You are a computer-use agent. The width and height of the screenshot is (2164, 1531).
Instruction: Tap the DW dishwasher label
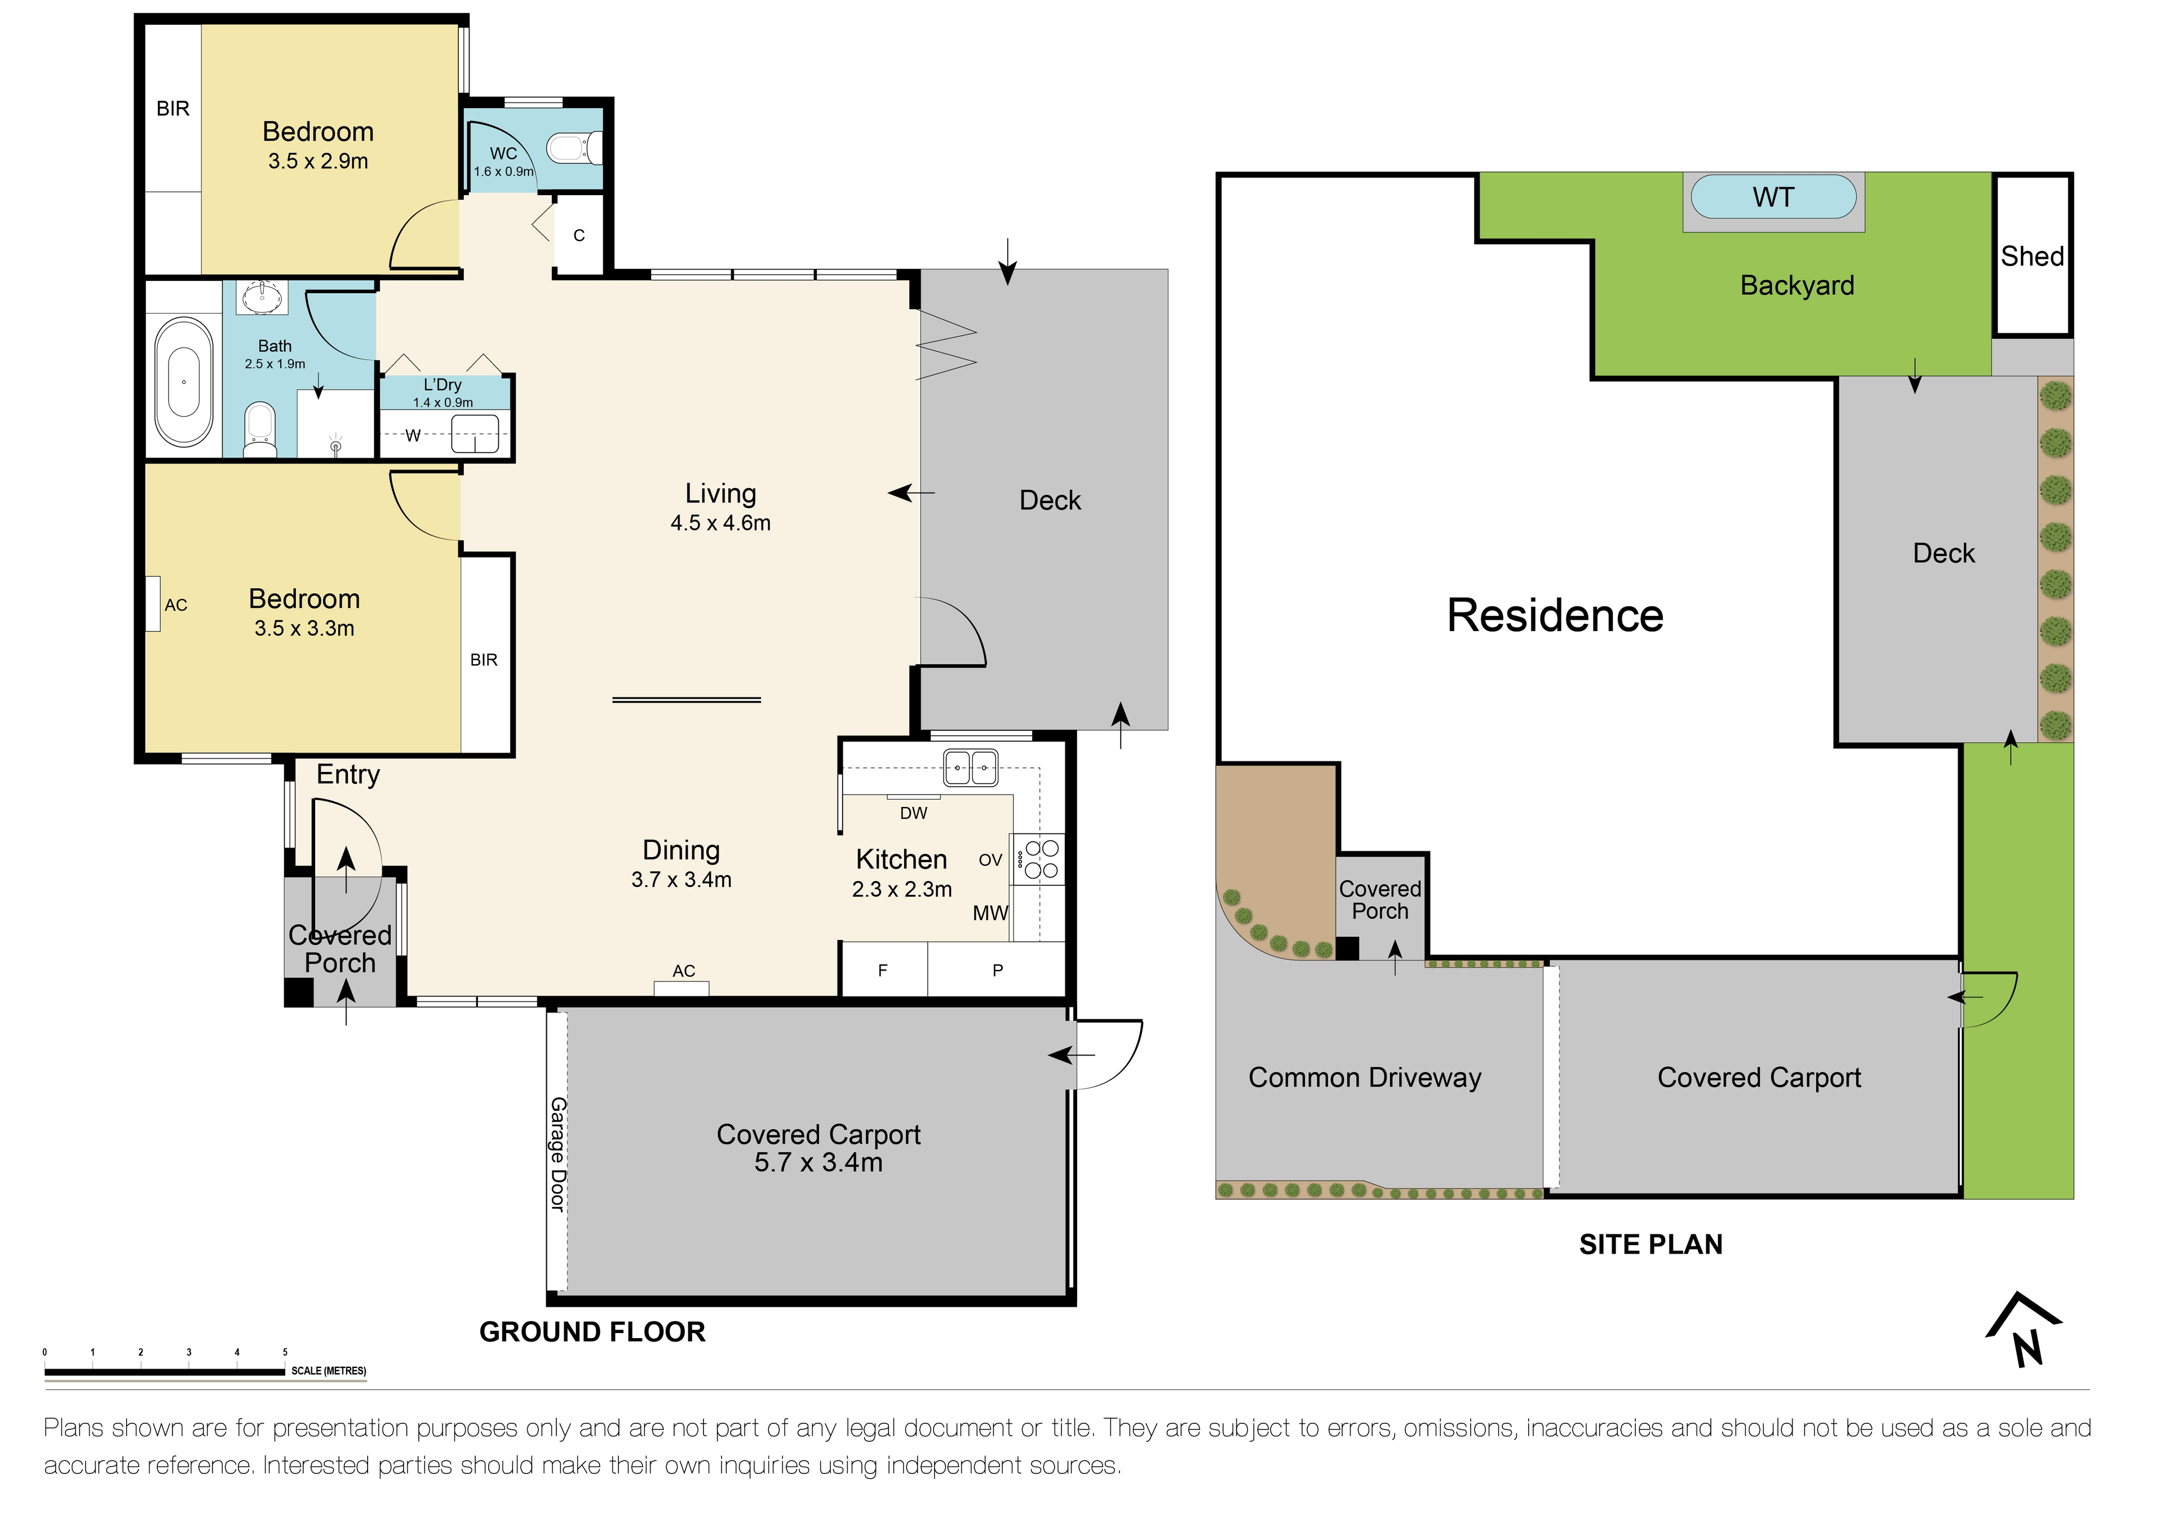coord(913,813)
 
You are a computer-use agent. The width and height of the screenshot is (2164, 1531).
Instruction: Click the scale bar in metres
coord(165,1371)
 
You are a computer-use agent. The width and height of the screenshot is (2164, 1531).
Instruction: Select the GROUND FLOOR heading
coord(592,1331)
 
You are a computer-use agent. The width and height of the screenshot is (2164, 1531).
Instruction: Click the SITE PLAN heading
coord(1650,1245)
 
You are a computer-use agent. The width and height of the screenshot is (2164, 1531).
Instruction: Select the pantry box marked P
coord(997,970)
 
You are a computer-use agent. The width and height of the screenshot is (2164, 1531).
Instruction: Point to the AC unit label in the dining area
coord(683,971)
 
